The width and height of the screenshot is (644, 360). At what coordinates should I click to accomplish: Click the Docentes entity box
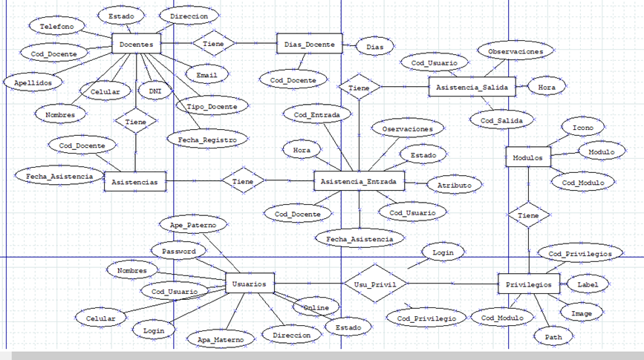point(136,45)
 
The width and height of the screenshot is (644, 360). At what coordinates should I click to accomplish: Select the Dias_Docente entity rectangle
point(309,45)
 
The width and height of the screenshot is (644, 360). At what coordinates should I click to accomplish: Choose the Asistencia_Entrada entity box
point(358,181)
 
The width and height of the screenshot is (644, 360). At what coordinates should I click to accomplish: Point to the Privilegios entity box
point(528,284)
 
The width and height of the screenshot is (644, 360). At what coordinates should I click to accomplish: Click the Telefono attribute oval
point(57,26)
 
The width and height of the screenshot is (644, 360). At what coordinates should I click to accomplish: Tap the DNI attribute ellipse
point(155,91)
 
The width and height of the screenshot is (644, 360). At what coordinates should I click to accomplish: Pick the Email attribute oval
point(206,75)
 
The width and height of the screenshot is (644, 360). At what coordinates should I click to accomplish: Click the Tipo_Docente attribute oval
point(212,107)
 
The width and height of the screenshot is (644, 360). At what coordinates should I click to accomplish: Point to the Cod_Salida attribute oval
point(497,120)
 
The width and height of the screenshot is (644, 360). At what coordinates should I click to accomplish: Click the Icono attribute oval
point(583,127)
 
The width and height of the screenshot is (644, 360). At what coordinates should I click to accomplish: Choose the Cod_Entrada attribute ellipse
point(317,114)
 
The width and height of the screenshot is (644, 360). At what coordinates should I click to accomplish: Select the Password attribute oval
point(178,252)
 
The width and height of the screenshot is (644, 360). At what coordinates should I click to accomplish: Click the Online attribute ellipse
point(316,307)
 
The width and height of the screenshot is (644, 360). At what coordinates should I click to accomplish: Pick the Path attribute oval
point(553,336)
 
